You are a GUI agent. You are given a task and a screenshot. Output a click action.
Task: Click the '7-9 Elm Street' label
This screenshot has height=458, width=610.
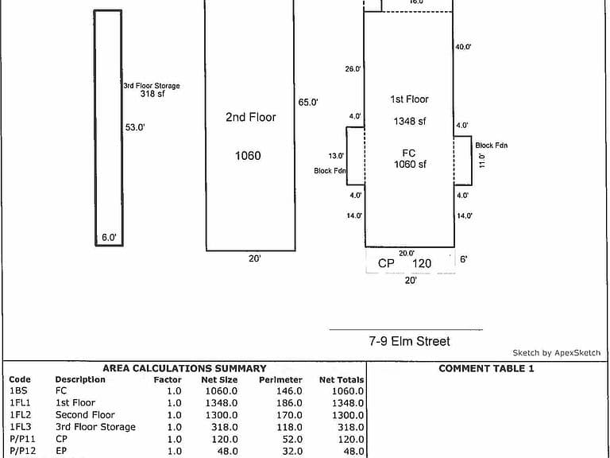(x=410, y=341)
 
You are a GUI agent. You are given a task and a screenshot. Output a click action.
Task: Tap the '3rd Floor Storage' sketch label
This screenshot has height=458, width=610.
(x=152, y=86)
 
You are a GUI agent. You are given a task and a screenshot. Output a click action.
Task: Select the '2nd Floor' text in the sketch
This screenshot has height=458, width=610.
(x=251, y=117)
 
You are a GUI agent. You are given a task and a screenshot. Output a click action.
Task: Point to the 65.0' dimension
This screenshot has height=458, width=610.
(x=308, y=103)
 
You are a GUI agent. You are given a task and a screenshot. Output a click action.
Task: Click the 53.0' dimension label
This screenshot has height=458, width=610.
(x=135, y=127)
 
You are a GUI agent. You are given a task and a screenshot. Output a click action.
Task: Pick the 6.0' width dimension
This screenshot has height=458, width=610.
(x=109, y=238)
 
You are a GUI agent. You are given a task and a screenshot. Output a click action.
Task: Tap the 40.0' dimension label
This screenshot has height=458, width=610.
(x=463, y=47)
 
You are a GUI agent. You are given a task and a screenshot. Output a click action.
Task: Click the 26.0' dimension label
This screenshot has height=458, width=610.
(x=353, y=69)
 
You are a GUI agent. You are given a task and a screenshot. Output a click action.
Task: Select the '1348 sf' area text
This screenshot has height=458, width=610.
(x=410, y=121)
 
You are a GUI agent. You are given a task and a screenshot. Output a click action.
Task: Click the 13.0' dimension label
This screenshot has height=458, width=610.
(x=336, y=156)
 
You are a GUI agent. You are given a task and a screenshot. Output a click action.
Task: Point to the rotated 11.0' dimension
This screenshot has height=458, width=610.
(x=482, y=161)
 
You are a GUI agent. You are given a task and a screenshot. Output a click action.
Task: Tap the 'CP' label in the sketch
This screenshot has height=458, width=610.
(x=386, y=263)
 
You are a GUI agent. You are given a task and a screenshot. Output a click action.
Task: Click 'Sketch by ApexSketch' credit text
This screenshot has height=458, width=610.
(x=556, y=353)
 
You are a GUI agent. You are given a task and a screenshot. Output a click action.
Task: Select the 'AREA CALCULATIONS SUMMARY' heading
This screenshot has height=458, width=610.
(x=184, y=368)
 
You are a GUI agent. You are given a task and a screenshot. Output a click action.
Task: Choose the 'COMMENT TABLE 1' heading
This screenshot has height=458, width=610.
(x=486, y=368)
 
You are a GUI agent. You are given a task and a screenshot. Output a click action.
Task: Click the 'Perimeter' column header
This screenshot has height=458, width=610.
(x=280, y=380)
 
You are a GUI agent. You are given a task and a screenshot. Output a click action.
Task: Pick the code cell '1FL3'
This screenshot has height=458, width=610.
(x=20, y=427)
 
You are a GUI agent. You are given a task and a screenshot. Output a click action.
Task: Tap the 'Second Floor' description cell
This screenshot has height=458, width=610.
(x=85, y=415)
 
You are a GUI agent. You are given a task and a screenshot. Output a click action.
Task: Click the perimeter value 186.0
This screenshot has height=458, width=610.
(x=289, y=403)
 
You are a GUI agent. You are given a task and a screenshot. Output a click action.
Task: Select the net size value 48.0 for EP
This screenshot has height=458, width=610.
(x=227, y=452)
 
